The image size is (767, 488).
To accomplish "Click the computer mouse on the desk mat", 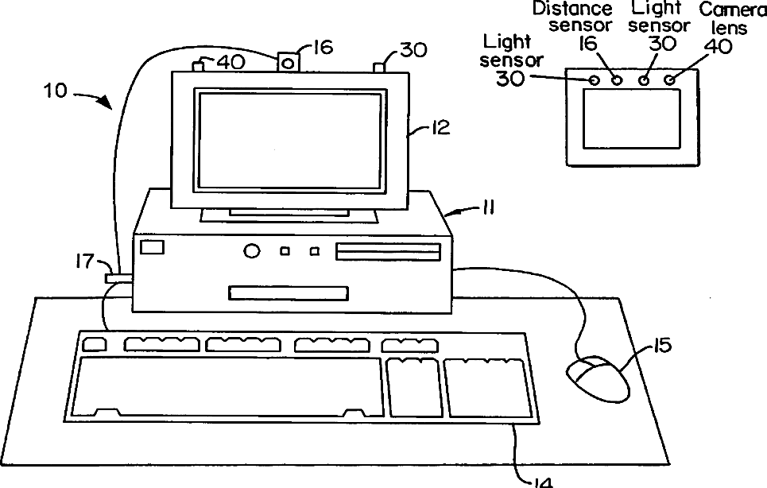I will (x=598, y=378).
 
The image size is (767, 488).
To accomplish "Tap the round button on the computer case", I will (x=251, y=251).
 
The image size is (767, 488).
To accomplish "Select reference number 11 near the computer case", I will (x=486, y=208).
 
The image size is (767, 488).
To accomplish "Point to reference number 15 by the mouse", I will (x=662, y=346).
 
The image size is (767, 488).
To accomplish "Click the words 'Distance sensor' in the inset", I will (x=583, y=17).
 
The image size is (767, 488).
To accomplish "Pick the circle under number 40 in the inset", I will (x=670, y=80).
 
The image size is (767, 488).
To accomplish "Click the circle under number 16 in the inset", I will (x=616, y=80).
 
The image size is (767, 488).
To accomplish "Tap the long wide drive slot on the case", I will (x=388, y=252).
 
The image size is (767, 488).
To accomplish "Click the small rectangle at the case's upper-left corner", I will (x=152, y=247).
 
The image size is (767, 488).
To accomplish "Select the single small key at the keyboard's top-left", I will (x=94, y=345).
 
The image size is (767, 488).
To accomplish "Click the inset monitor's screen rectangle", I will (x=633, y=118).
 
